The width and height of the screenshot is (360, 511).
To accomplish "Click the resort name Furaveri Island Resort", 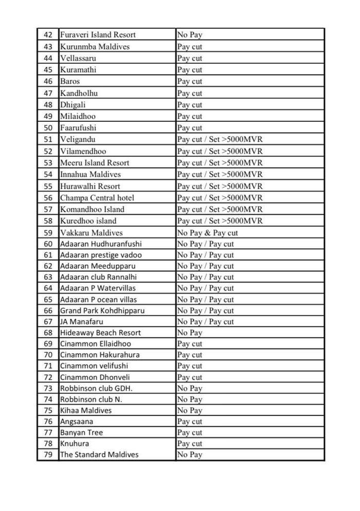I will [x=98, y=35].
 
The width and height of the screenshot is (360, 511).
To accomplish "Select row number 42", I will [x=48, y=35].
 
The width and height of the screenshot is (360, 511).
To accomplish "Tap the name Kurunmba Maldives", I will [x=95, y=47].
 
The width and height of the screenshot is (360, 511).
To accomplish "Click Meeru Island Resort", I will [x=95, y=163].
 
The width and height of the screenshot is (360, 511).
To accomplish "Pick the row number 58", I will [x=48, y=221].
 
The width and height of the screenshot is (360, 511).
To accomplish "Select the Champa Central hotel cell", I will [x=97, y=198].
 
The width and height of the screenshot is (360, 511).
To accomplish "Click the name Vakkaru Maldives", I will [x=92, y=233].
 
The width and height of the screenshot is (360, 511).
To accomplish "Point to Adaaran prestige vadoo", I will [x=101, y=255].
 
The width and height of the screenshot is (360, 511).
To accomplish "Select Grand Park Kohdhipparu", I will [x=102, y=311].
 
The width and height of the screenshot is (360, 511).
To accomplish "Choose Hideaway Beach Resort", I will [x=100, y=333].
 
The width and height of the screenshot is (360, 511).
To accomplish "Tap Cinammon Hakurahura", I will [x=100, y=355].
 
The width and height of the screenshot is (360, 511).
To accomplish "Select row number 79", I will [x=48, y=454].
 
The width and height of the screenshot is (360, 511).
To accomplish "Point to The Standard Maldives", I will [x=99, y=454].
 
